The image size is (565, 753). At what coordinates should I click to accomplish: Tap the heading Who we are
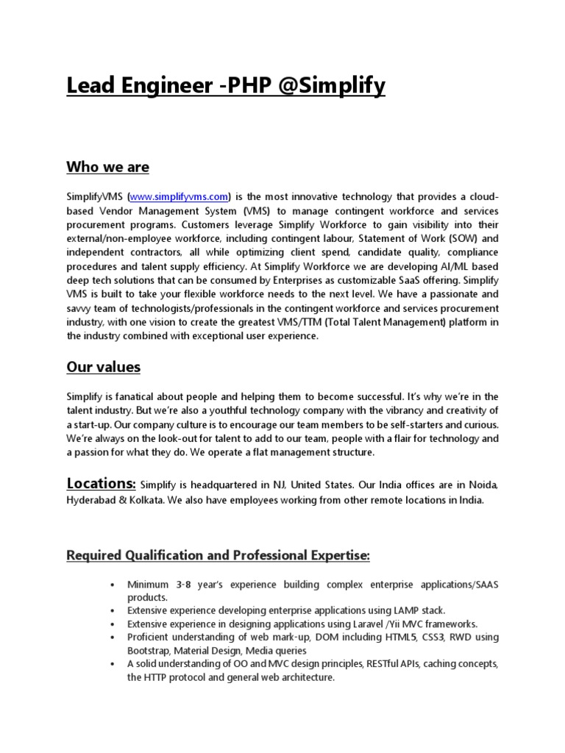[107, 167]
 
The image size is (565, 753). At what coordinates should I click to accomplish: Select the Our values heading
[104, 366]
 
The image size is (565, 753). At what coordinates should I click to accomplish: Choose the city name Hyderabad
[93, 500]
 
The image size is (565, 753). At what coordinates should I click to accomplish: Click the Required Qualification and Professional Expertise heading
[218, 555]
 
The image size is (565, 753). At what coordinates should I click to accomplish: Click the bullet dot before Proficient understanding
[111, 638]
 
